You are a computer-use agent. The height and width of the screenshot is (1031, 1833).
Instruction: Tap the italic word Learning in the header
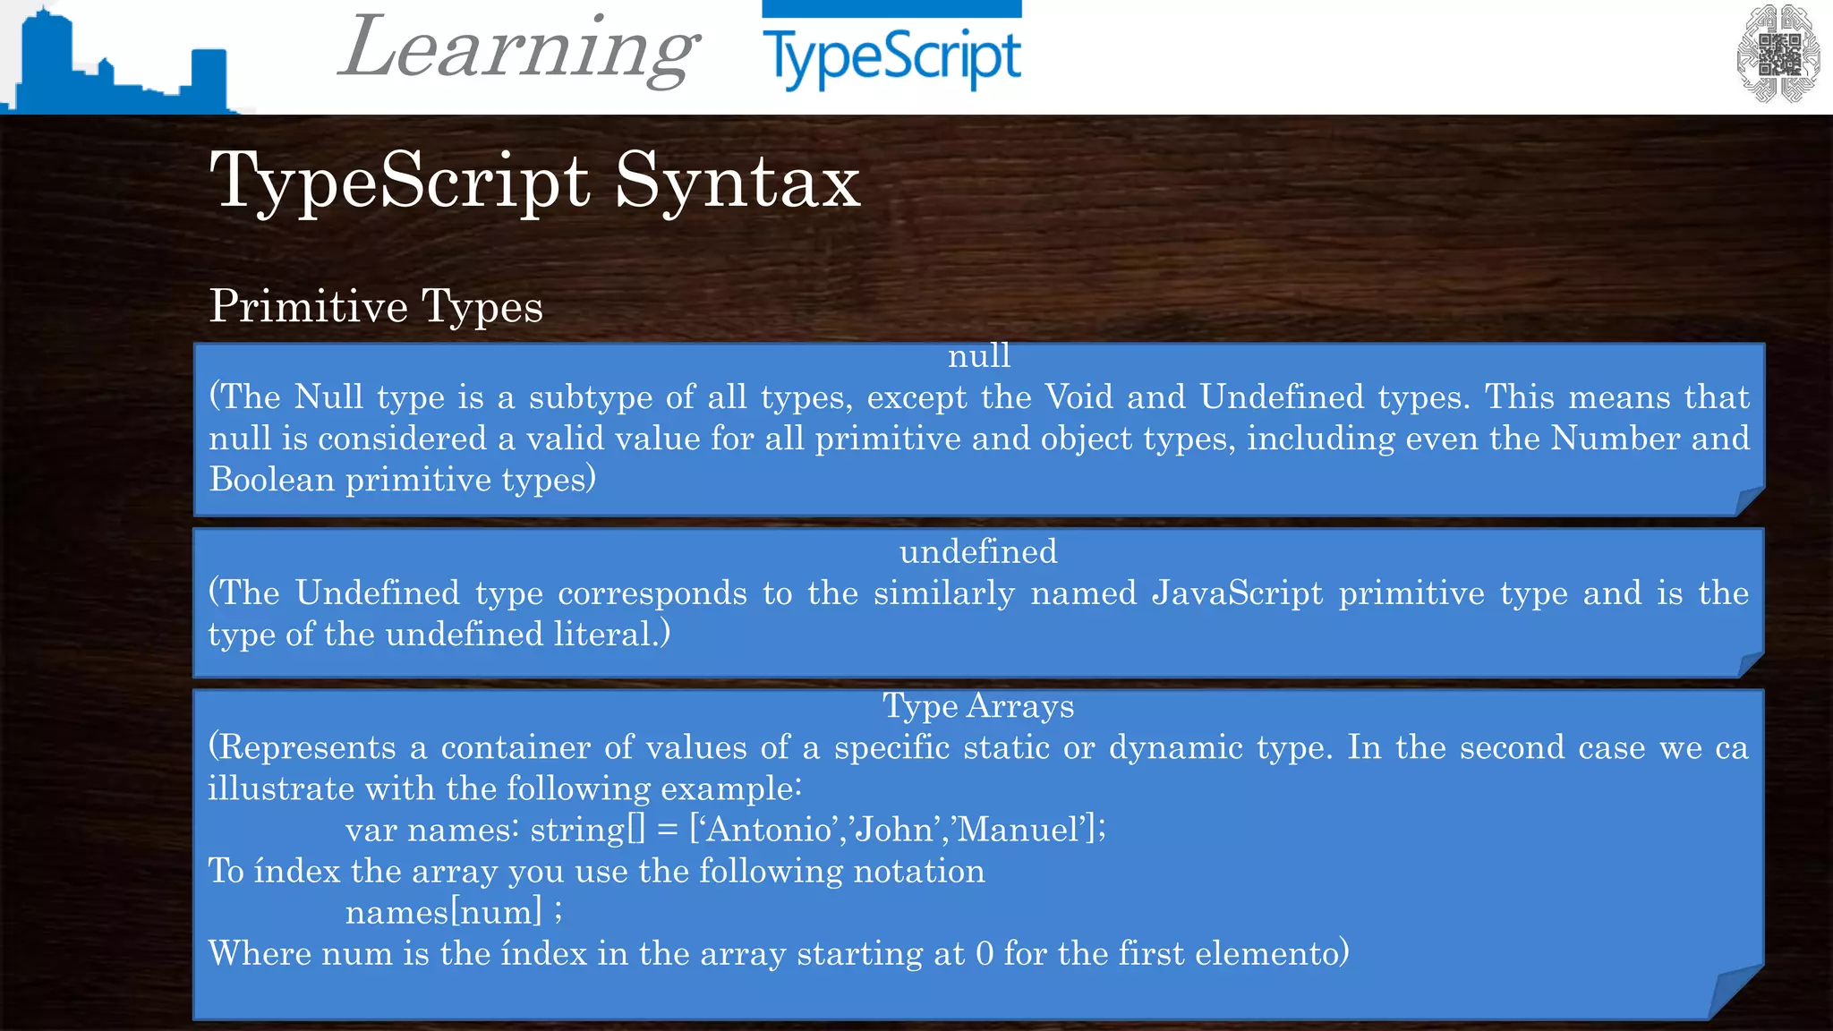518,48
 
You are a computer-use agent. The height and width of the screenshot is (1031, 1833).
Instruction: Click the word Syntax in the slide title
737,181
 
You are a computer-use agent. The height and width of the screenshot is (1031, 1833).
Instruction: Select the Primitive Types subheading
376,306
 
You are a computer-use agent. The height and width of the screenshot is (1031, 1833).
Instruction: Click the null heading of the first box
979,356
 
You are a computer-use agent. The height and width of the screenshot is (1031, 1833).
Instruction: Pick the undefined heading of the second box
978,551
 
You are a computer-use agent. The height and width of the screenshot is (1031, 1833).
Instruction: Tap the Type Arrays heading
978,706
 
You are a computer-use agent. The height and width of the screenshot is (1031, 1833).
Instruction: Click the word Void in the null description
1078,396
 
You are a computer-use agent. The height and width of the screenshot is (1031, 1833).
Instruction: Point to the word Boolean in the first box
272,480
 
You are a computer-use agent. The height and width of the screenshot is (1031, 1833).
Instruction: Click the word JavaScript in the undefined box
1237,592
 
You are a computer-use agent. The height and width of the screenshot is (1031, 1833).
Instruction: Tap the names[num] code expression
444,912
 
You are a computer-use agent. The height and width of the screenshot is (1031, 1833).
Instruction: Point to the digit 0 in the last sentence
985,954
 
